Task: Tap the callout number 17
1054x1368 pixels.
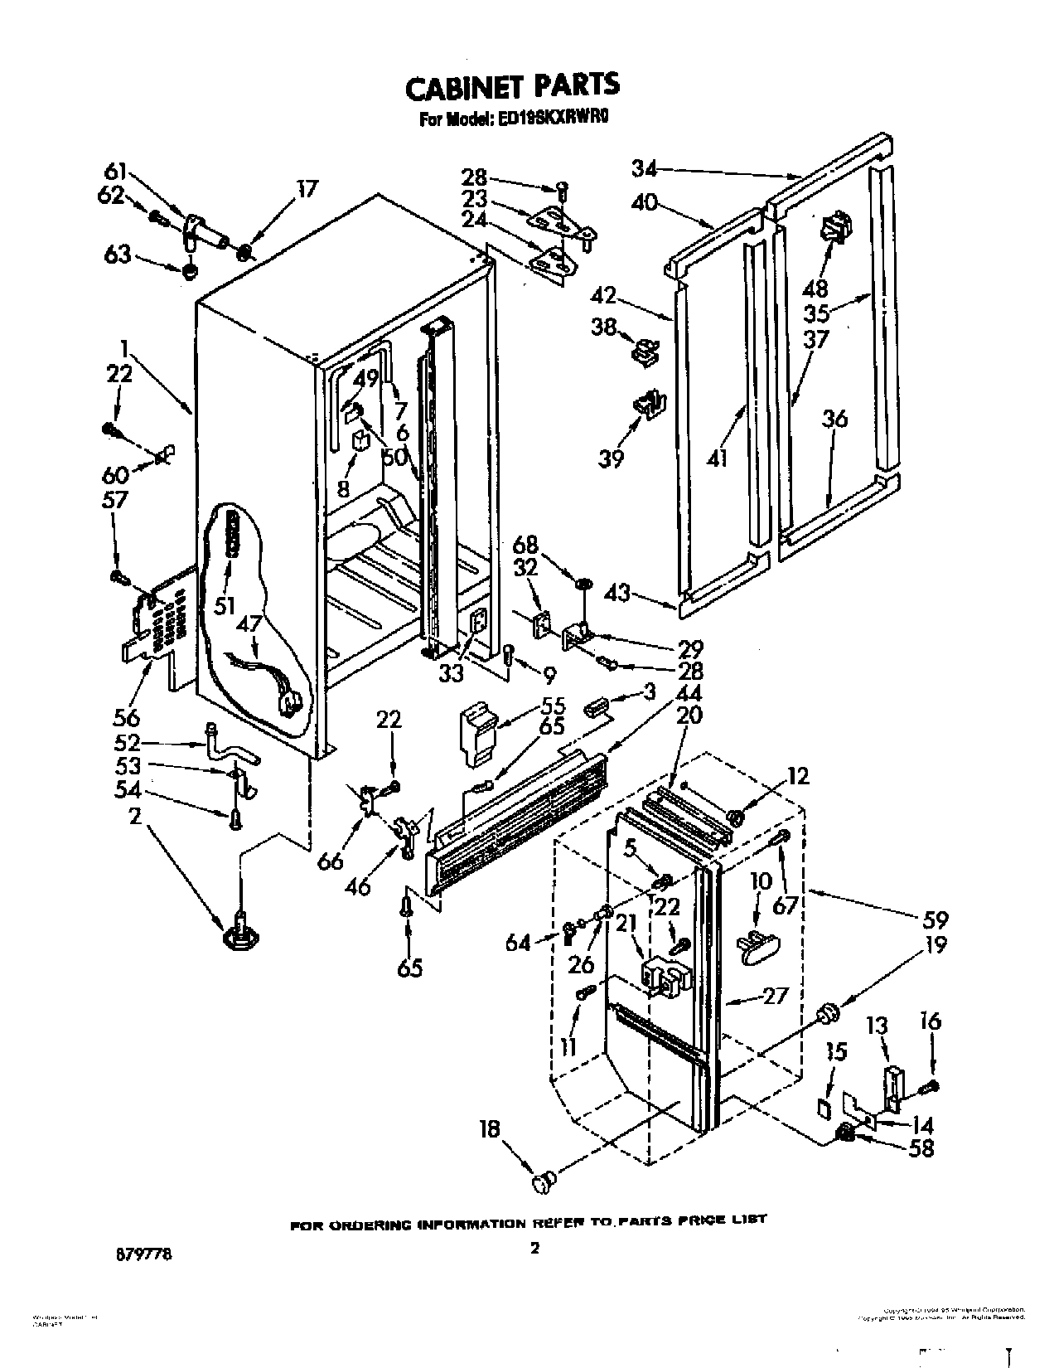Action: click(x=307, y=190)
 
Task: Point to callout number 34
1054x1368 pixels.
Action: click(x=644, y=168)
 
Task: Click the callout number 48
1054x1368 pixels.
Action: click(x=816, y=288)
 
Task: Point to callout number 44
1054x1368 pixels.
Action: click(x=688, y=692)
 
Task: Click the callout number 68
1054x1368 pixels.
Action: click(x=525, y=546)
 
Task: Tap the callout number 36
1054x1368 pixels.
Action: click(x=834, y=420)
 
